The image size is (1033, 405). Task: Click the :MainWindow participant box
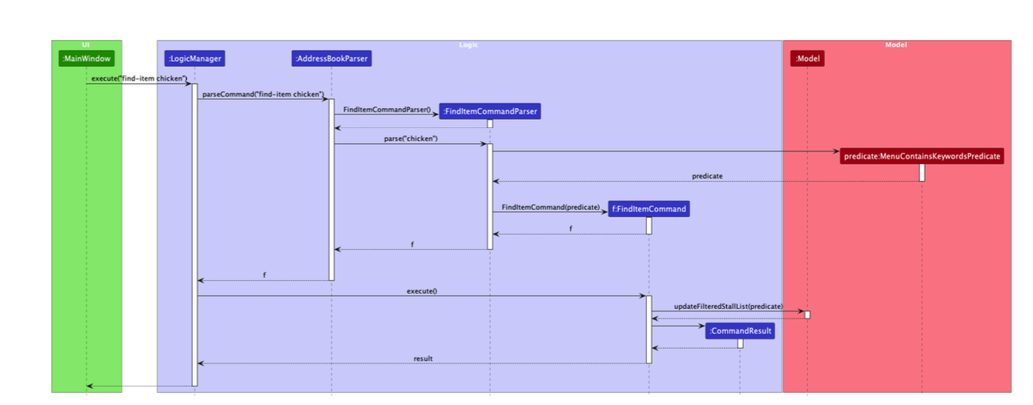click(x=86, y=58)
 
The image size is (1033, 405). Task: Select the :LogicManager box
click(x=195, y=58)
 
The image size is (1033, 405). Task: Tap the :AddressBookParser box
click(x=332, y=58)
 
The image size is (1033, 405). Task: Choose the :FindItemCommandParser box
click(x=490, y=111)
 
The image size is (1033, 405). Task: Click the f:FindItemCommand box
click(x=649, y=209)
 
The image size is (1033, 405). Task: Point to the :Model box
click(x=807, y=58)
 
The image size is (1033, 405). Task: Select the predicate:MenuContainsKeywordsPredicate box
click(x=922, y=156)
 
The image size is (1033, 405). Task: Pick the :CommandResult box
click(x=740, y=331)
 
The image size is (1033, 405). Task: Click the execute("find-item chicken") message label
click(x=139, y=78)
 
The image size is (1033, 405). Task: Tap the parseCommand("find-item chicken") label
click(x=263, y=94)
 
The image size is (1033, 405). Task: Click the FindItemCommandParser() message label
click(x=387, y=110)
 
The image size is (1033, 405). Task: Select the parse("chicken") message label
click(x=411, y=139)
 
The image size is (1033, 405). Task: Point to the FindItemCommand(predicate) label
click(x=550, y=207)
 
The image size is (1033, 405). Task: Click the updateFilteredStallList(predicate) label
click(x=729, y=307)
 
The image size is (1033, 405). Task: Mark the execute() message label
click(x=422, y=291)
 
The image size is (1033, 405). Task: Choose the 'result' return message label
click(x=423, y=359)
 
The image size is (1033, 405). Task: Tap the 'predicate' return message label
click(x=707, y=176)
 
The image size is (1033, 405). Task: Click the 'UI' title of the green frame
click(x=86, y=44)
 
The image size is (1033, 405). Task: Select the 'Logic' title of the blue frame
click(x=468, y=44)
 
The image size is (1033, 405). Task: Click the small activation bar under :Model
click(x=807, y=315)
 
